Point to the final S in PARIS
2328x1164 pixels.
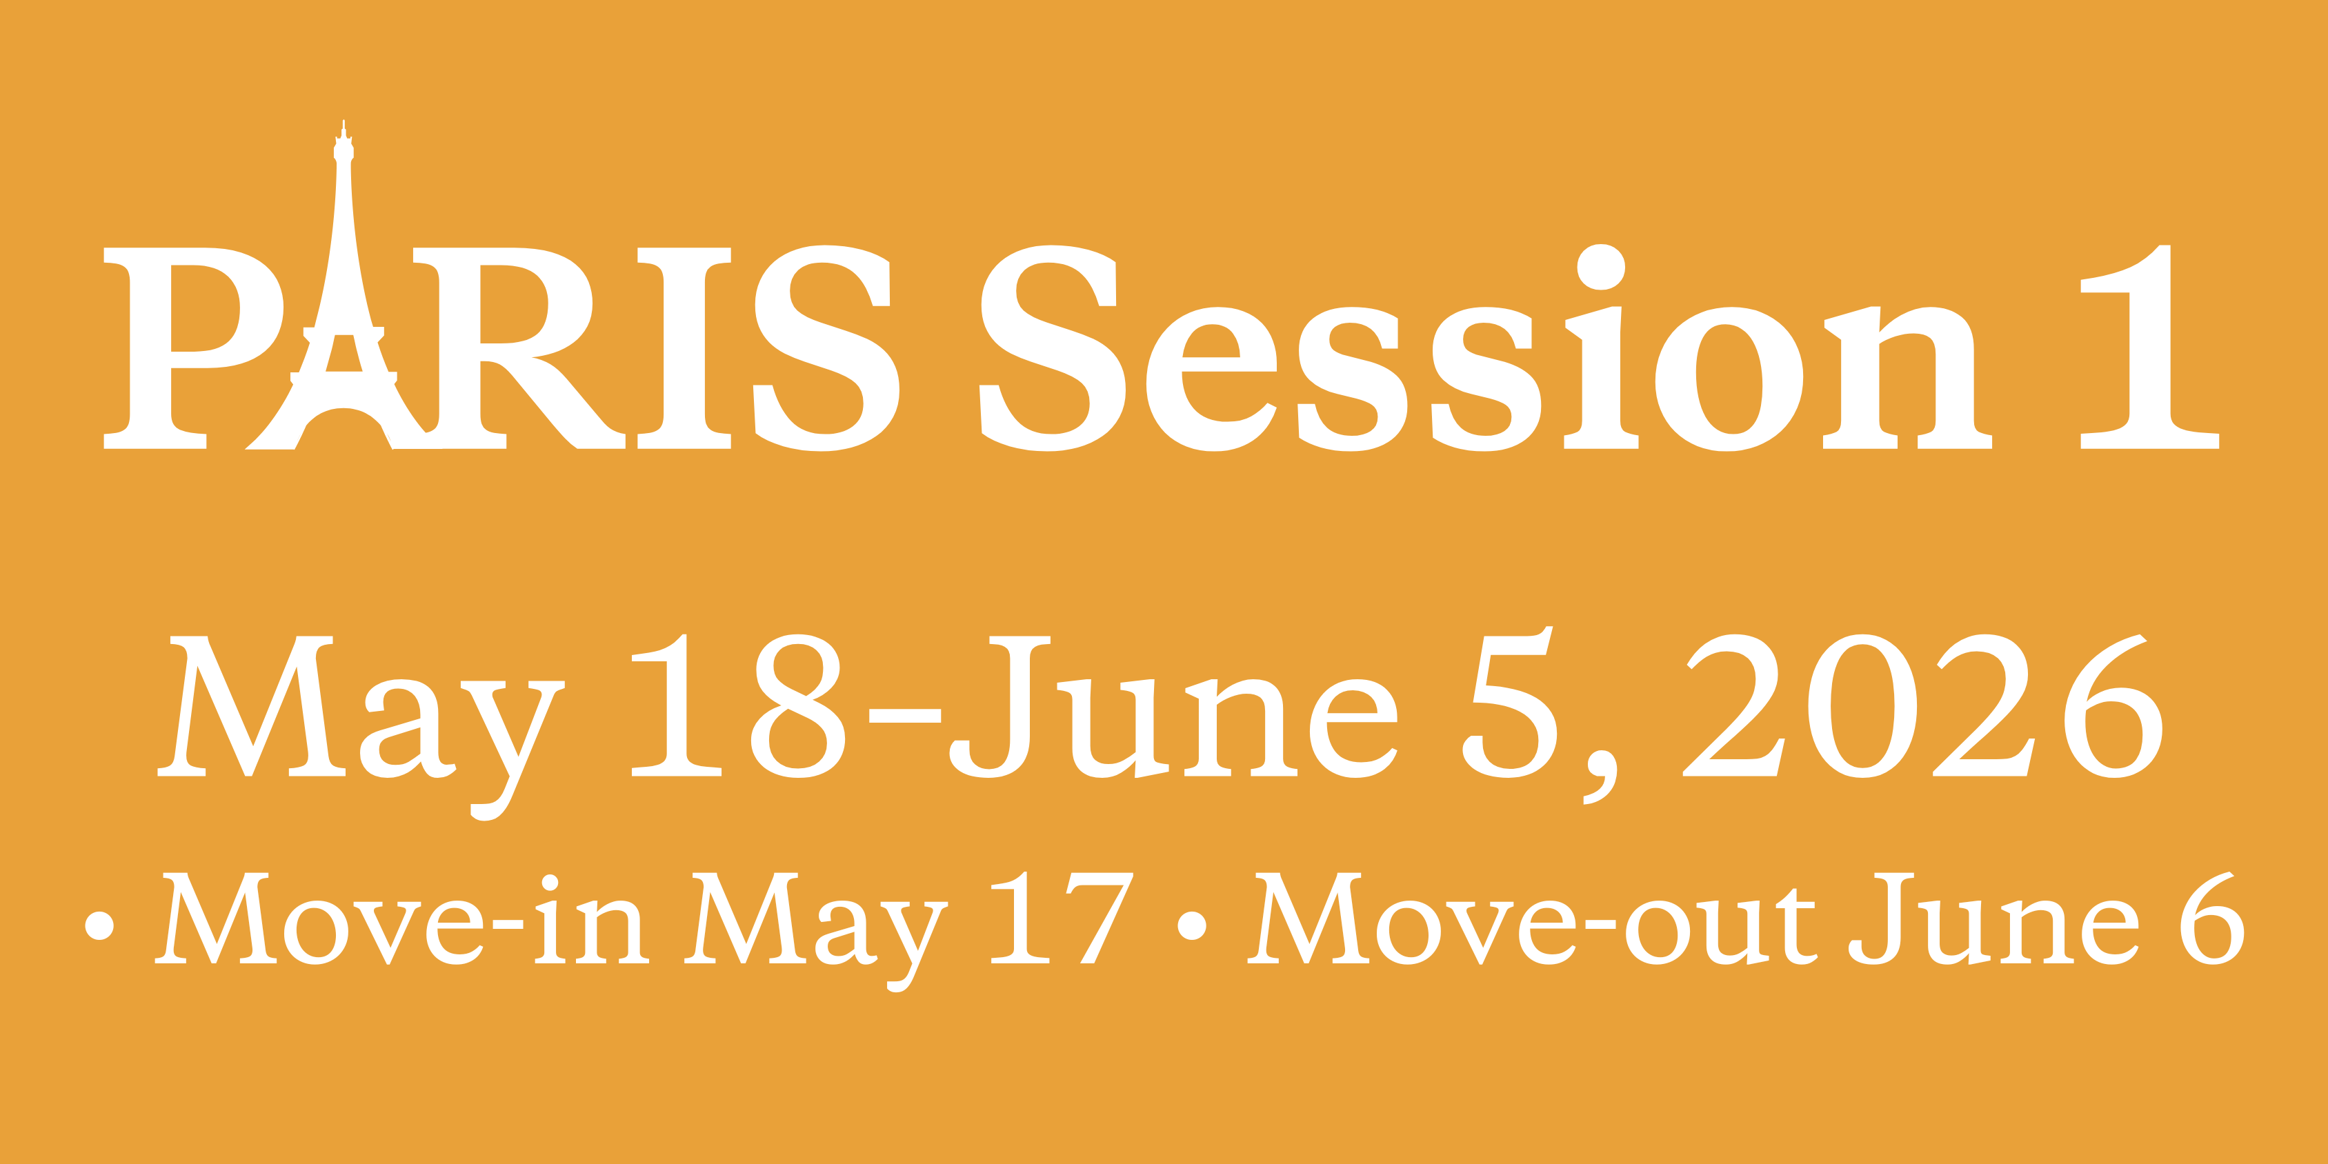pos(827,348)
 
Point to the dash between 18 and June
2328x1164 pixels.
pos(904,716)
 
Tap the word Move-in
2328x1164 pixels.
pos(402,919)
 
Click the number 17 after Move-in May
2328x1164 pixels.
pos(1062,919)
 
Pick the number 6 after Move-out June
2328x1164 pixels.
pos(2212,919)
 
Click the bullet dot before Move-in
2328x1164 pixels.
pos(99,925)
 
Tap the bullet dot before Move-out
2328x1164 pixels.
pos(1192,925)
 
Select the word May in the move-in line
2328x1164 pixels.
pos(816,931)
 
